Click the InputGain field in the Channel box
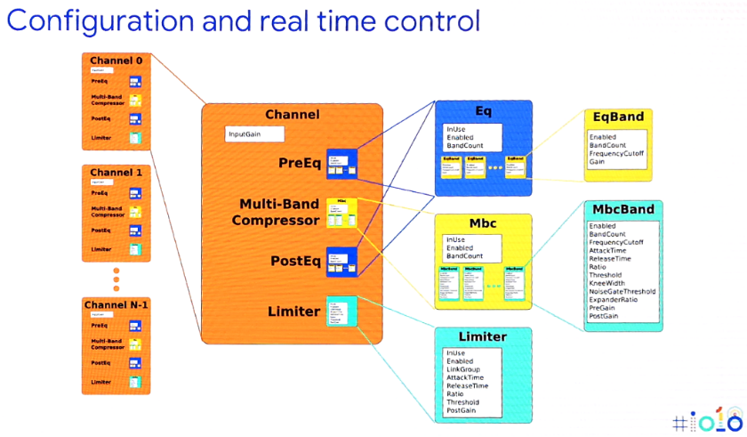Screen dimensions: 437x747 pos(254,134)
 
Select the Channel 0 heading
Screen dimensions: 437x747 pos(116,61)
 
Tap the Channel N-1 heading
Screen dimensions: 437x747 pos(116,305)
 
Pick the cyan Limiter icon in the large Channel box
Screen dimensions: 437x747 pos(341,311)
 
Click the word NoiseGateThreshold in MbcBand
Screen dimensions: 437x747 pos(622,291)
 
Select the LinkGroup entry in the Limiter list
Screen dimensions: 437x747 pos(463,368)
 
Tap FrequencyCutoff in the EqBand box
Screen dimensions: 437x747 pos(616,153)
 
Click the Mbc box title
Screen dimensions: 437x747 pos(483,222)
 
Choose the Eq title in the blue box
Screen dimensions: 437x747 pos(483,110)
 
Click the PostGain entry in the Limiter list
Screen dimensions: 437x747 pos(462,410)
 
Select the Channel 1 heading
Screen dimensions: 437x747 pos(116,171)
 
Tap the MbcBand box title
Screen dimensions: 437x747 pos(622,209)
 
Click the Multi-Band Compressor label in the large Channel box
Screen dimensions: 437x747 pos(278,212)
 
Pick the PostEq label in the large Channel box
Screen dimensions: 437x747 pos(294,261)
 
